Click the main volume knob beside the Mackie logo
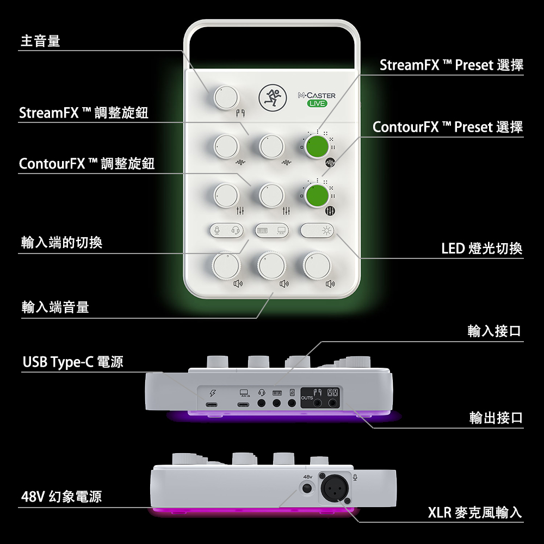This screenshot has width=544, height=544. point(226,97)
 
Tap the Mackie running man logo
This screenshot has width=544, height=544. point(273,98)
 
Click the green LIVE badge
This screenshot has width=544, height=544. point(317,103)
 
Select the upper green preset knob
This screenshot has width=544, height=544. point(317,147)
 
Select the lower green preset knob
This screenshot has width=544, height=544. point(317,196)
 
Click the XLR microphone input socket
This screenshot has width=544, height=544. point(335,488)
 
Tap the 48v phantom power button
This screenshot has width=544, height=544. point(307,489)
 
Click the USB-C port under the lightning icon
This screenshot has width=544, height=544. point(211,404)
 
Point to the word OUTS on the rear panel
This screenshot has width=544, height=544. point(307,398)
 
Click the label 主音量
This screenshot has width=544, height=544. point(40,41)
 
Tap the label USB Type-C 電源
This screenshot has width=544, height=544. point(73,362)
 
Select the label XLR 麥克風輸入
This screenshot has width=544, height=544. point(475,512)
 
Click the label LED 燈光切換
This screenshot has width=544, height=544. point(482,249)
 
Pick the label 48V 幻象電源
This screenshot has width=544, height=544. point(61,497)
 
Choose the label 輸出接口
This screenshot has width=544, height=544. point(496,417)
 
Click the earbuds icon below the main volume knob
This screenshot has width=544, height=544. point(240,113)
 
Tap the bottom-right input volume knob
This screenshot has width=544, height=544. point(317,265)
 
